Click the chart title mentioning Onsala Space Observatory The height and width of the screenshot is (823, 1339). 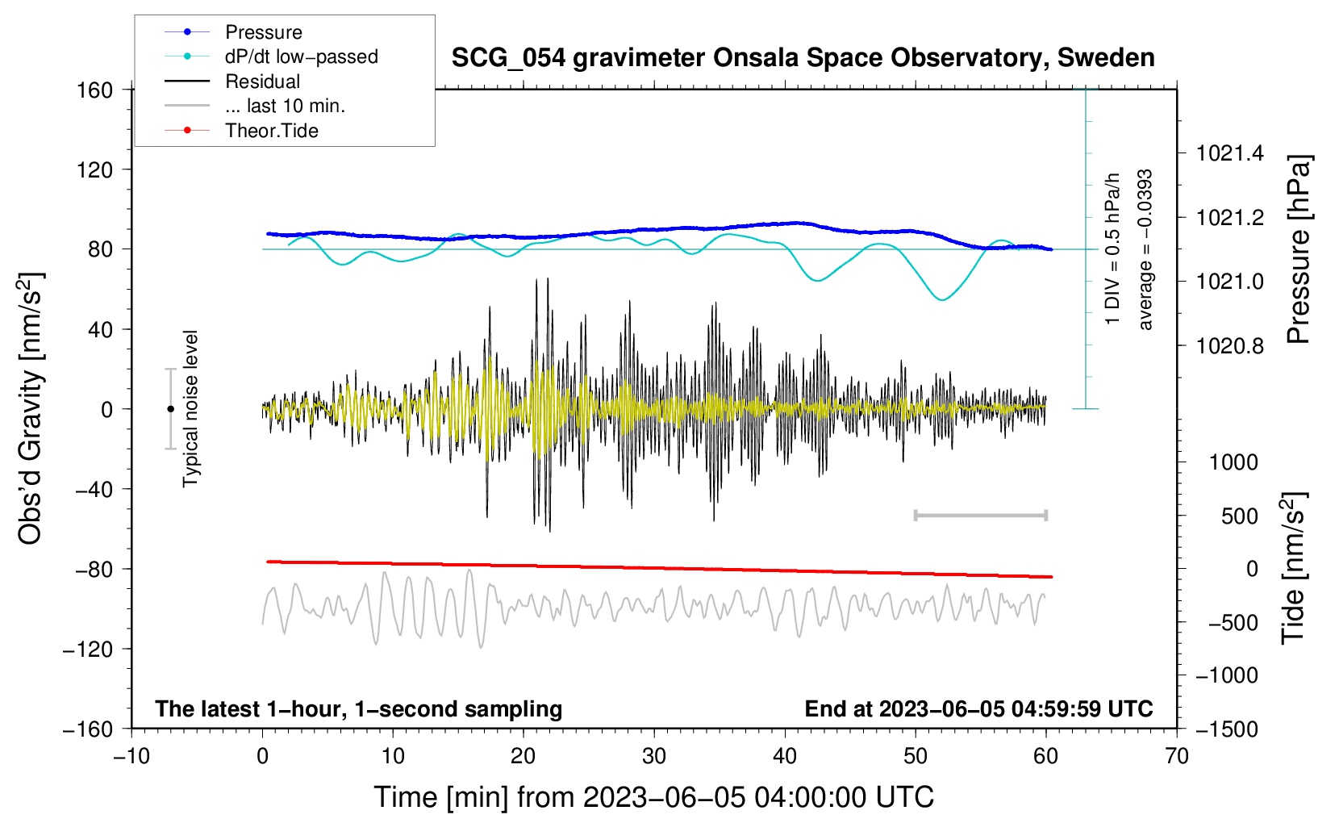[x=803, y=58]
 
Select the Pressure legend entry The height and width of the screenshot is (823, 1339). [x=263, y=32]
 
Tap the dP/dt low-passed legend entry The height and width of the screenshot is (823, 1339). [x=301, y=56]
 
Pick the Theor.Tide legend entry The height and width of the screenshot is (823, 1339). [x=271, y=131]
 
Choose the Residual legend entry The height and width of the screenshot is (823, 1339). [x=262, y=81]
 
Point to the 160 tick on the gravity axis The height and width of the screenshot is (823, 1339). [x=95, y=90]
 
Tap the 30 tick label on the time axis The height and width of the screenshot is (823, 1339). [x=654, y=756]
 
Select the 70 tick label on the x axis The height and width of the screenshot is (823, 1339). [x=1177, y=756]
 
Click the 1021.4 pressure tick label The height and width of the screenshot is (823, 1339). [x=1230, y=153]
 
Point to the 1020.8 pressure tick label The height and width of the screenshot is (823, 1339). [x=1230, y=346]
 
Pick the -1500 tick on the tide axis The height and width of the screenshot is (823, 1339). [x=1227, y=729]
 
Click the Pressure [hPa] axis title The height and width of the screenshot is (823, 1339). [x=1299, y=249]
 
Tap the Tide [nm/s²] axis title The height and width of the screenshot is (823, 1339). [x=1294, y=567]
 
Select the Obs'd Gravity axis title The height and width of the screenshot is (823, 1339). [x=31, y=409]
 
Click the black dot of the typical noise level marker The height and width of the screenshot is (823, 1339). [x=170, y=409]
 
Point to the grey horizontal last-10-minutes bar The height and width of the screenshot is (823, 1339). [x=980, y=515]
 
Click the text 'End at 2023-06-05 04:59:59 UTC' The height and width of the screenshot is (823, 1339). [x=978, y=708]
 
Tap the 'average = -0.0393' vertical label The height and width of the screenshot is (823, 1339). [x=1145, y=250]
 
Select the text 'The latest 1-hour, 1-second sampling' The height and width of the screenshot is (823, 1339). [x=358, y=708]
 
